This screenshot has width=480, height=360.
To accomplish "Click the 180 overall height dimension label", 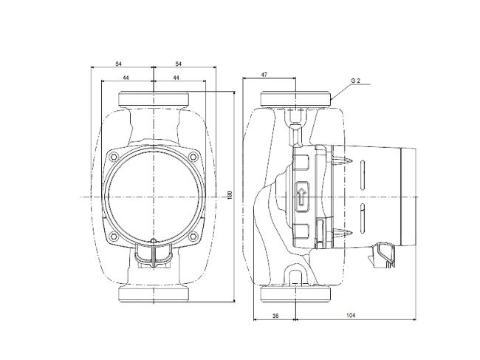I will (x=230, y=195).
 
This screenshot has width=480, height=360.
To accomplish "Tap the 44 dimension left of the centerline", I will (x=126, y=78).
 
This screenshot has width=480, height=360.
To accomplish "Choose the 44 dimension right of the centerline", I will (x=176, y=78).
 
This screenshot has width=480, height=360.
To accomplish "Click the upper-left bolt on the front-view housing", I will (x=112, y=157).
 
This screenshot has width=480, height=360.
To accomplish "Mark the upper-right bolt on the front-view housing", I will (x=193, y=157).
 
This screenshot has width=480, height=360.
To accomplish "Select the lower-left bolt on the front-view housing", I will (x=112, y=237).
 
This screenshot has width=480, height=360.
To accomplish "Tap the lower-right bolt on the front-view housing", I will (x=193, y=237).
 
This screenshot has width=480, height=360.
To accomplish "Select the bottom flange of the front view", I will (x=153, y=293).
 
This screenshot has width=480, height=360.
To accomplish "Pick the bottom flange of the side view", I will (x=296, y=293).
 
